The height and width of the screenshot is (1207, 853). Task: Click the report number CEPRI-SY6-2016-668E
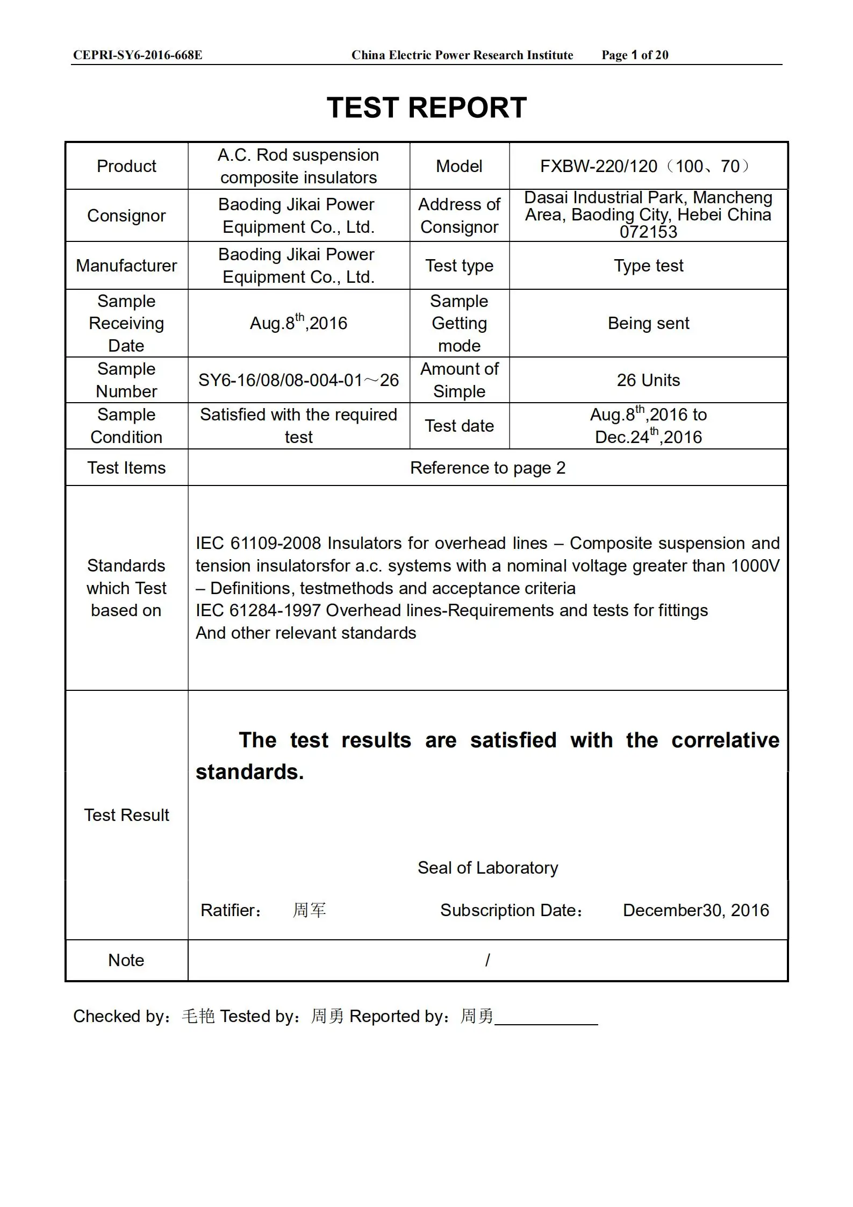(138, 55)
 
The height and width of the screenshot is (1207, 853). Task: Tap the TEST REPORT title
(427, 108)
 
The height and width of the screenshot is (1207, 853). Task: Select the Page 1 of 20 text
(635, 55)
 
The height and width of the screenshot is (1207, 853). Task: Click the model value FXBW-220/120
(598, 167)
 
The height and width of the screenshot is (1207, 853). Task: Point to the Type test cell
(648, 266)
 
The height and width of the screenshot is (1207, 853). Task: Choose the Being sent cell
(648, 323)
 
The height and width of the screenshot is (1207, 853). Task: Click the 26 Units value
(648, 380)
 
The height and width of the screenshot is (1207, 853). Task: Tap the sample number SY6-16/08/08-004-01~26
(298, 381)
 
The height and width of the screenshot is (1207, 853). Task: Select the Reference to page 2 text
(488, 468)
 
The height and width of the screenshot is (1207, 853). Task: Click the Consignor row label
(126, 216)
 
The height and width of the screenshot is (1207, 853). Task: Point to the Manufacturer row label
(126, 266)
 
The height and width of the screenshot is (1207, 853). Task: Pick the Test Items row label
(126, 468)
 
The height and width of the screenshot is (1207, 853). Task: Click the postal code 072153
(648, 232)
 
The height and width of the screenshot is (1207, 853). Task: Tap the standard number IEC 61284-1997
(258, 611)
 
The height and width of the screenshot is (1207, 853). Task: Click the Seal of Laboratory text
(488, 868)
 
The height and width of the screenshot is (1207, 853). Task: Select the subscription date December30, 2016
(696, 910)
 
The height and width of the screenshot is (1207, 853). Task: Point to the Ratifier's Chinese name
(309, 910)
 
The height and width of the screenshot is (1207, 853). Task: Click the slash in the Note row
(488, 960)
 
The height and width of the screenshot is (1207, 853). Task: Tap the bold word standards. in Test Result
(249, 772)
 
